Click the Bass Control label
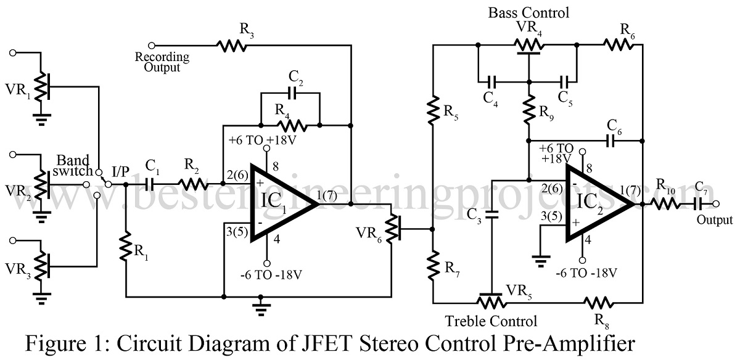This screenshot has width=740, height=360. pos(528,12)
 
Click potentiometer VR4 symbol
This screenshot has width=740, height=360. pos(528,44)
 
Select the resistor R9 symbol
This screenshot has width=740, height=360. pos(528,110)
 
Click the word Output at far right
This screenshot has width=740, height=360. pos(714,220)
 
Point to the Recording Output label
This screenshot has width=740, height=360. pos(162,62)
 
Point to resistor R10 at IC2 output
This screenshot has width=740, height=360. pos(666,203)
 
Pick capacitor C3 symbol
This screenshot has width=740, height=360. pos(491,216)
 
